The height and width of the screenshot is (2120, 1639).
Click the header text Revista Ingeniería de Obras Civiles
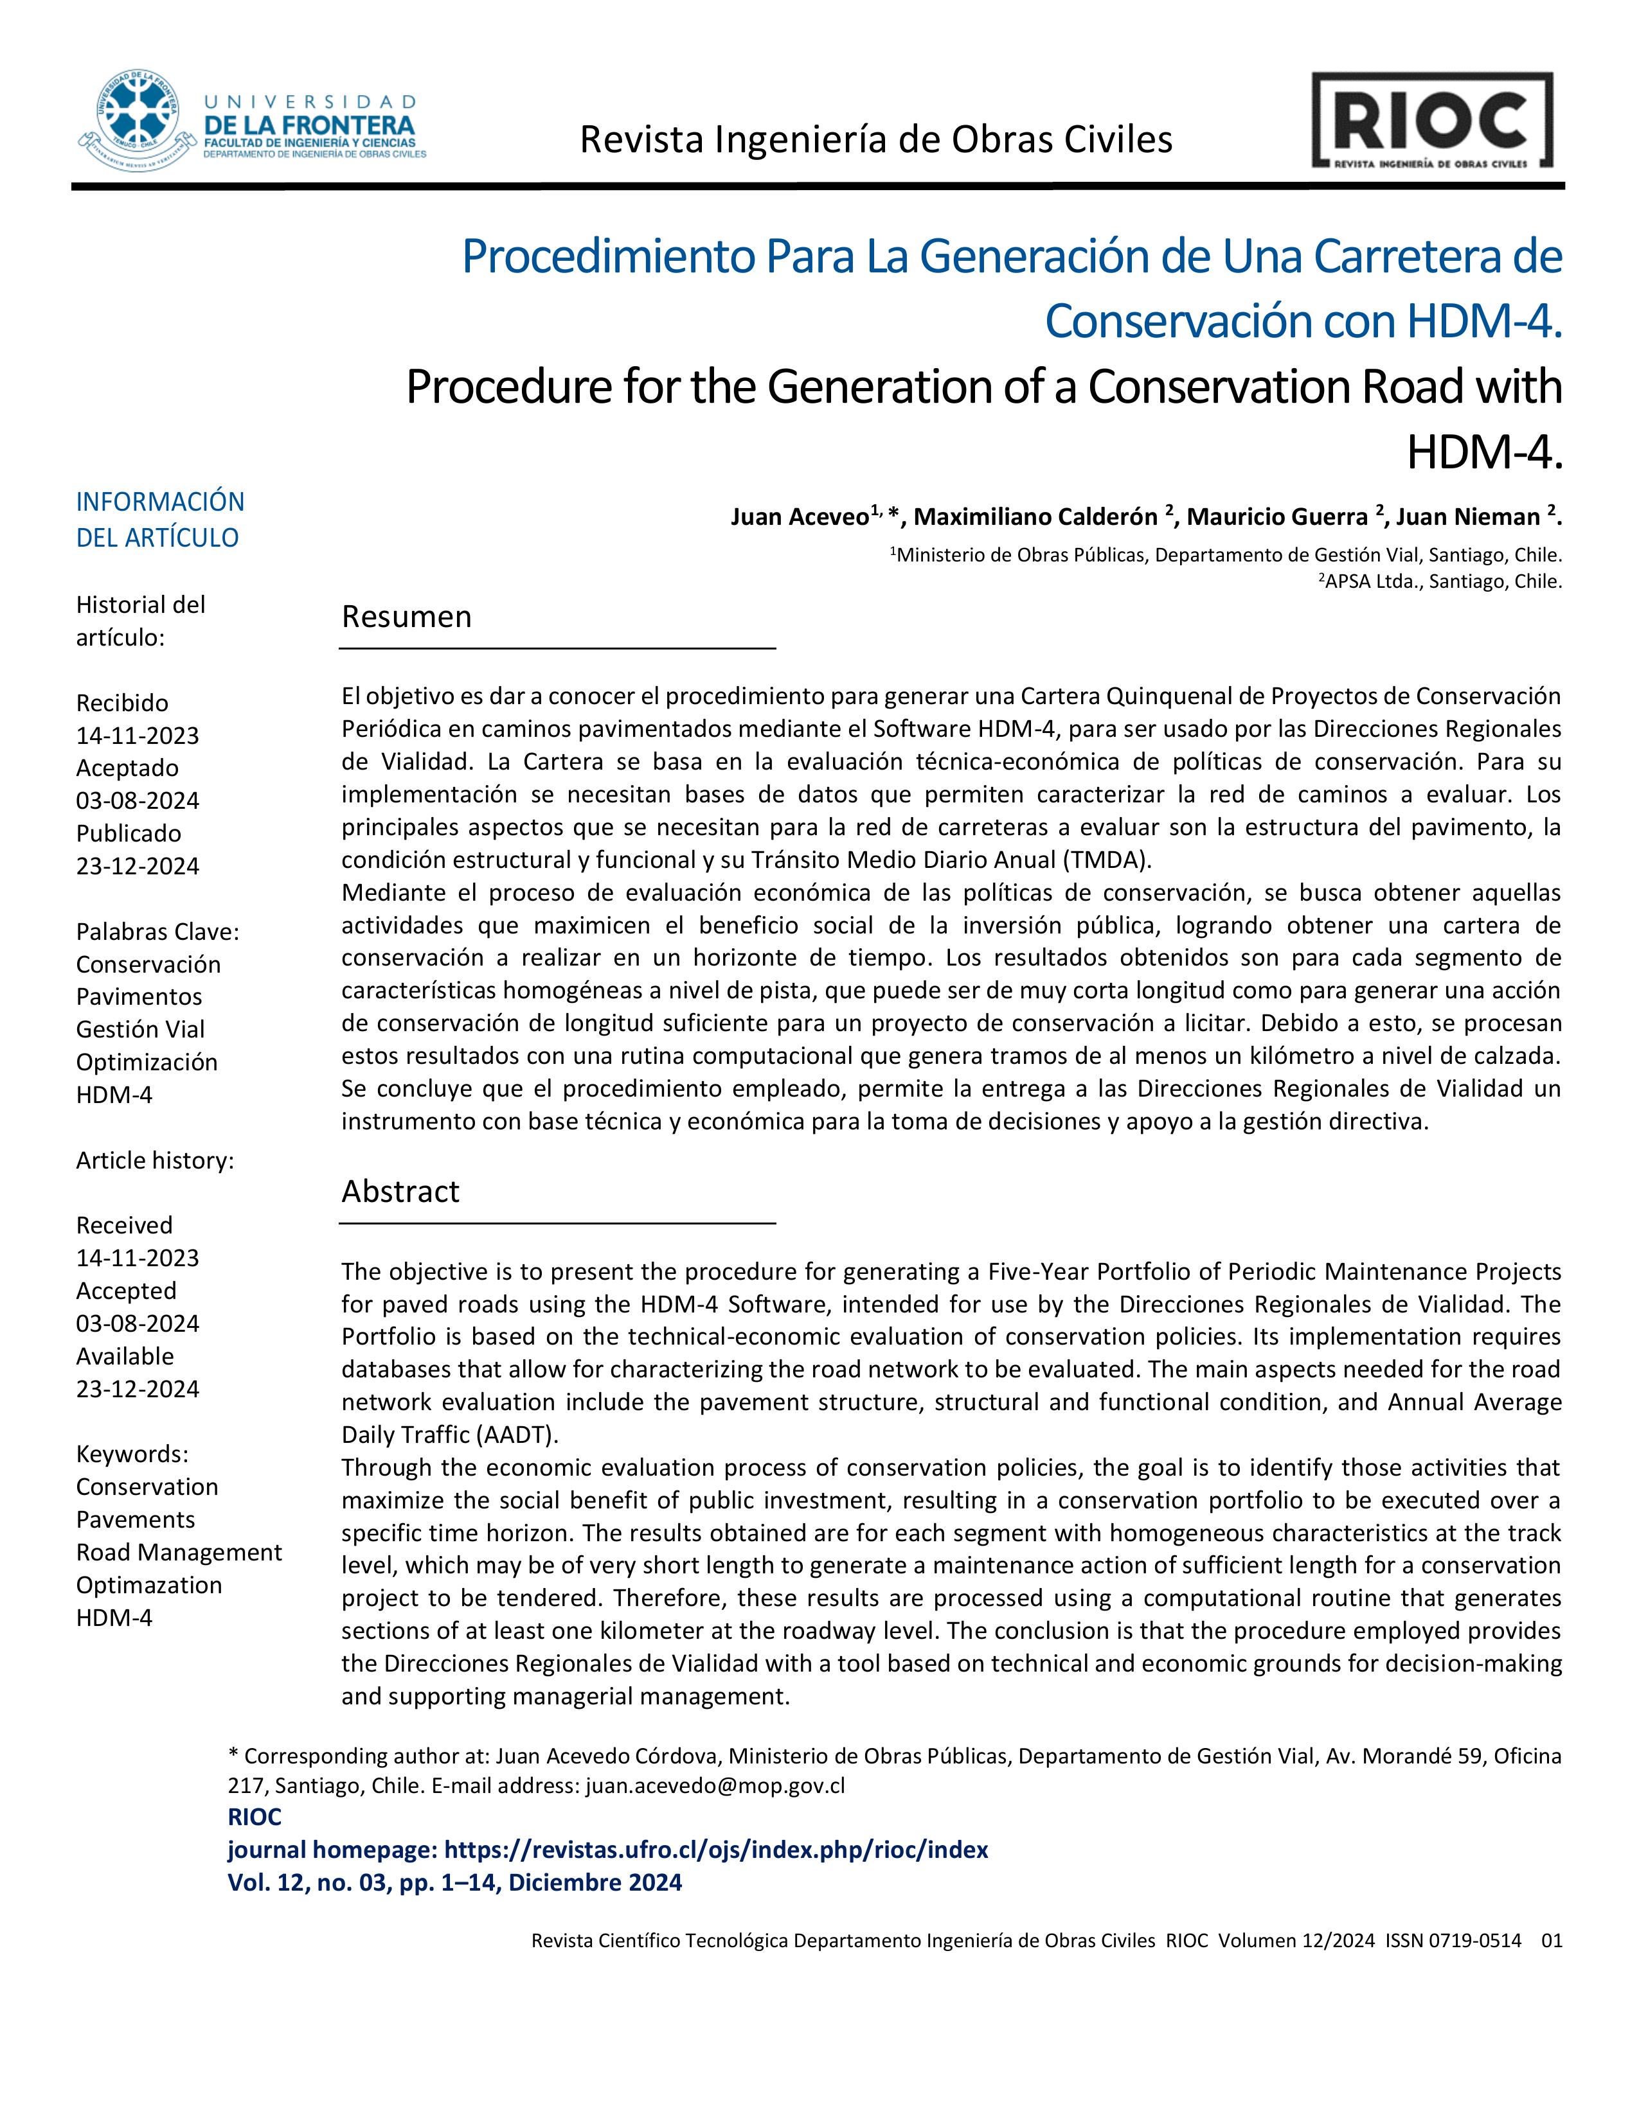[876, 140]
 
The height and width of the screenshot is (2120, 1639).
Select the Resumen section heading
[406, 616]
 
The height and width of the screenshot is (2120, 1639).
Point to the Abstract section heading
[400, 1191]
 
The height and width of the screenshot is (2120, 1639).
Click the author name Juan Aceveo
[799, 517]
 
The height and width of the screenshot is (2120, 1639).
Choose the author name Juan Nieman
[1467, 517]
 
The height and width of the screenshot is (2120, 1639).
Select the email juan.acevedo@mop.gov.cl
[715, 1785]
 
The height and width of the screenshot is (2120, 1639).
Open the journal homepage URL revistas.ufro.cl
[715, 1849]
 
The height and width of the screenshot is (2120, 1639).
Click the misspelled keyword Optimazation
[148, 1585]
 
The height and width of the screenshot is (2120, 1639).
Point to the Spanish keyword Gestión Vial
[140, 1029]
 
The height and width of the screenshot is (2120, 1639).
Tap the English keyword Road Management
[179, 1552]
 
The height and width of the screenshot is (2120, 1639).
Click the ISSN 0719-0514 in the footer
[1453, 1940]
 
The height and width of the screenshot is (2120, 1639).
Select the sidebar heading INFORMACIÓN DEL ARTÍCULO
[160, 519]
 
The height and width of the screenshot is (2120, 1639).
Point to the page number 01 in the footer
[1552, 1940]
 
